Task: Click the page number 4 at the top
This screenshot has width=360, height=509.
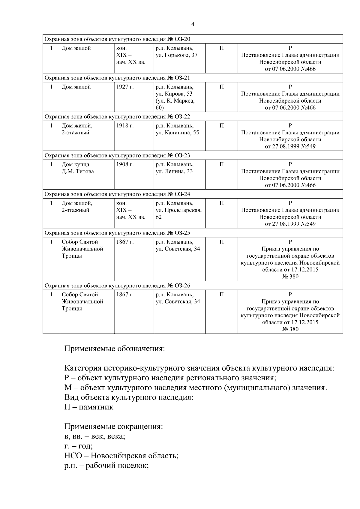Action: coord(193,24)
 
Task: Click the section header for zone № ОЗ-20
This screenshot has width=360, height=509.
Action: coord(117,39)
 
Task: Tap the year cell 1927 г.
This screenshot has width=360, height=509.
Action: coord(125,87)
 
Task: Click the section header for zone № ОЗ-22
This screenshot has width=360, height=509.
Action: coord(117,117)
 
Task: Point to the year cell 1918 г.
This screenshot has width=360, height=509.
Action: coord(125,126)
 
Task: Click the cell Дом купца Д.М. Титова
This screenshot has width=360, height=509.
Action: coord(78,168)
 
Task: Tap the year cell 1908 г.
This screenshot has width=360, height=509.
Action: coord(125,164)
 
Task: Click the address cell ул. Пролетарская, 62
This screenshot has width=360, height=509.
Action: coord(178,210)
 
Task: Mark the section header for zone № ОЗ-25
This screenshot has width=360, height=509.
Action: coord(117,233)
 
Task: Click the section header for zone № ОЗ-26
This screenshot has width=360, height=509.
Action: coord(117,286)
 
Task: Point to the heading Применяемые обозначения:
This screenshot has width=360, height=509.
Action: coord(115,349)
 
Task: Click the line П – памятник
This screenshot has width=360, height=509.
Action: coord(89,407)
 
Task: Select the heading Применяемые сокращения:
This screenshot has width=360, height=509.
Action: coord(114,427)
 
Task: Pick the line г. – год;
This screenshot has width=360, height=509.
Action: coord(78,446)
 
